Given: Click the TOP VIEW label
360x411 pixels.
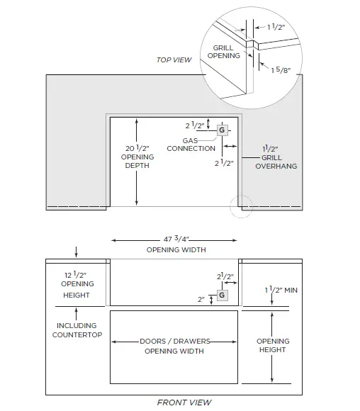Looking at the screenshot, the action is [174, 60].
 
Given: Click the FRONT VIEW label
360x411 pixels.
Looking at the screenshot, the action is [184, 402].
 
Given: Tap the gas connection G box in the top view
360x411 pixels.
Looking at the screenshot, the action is [222, 130].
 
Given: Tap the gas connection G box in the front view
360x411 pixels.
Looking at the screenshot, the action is [222, 295].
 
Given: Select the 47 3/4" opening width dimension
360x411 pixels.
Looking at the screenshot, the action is [176, 239].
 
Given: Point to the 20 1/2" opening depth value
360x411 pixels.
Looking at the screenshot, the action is [137, 148].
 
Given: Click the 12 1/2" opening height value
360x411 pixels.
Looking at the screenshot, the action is [76, 275].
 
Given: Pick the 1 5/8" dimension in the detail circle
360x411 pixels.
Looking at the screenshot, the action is [281, 70].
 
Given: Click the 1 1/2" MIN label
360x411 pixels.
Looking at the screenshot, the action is [281, 290].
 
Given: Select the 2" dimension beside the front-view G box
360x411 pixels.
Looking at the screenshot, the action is [201, 299].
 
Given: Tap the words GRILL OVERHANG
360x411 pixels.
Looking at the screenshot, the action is [276, 162].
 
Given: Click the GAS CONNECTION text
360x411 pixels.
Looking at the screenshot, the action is [191, 145].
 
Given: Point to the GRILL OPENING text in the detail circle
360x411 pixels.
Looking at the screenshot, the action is [224, 52].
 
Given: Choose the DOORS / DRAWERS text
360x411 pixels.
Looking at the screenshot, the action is [175, 342].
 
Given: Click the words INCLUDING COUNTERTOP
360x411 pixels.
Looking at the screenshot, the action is [77, 330].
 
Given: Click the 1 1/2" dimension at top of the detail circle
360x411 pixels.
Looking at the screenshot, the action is [276, 27].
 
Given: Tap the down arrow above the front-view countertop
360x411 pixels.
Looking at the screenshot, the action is [76, 252].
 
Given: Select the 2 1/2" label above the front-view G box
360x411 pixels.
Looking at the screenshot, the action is [225, 276].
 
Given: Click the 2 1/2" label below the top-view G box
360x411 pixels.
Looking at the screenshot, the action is [224, 163].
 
